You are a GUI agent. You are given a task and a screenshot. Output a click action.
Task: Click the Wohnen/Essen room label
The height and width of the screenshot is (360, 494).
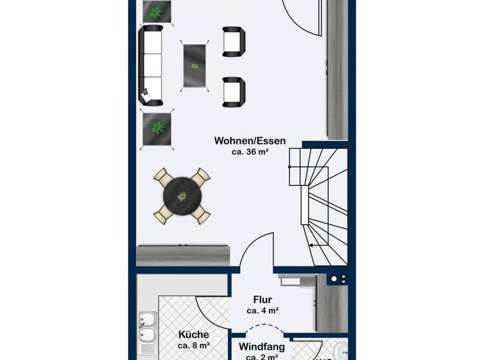point(250,141)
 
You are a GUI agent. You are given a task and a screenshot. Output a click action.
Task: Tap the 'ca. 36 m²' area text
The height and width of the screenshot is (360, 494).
point(250,152)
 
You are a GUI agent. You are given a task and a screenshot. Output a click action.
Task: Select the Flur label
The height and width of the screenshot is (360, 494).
point(262,300)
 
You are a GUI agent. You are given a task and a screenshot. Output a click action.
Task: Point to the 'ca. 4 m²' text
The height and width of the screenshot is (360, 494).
point(262,310)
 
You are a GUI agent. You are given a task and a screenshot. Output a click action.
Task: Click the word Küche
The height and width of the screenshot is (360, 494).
point(194,335)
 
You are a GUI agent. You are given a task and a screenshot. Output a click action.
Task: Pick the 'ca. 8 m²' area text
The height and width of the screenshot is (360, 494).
point(194,346)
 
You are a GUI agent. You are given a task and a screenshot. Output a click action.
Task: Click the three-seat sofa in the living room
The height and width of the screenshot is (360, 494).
point(151,66)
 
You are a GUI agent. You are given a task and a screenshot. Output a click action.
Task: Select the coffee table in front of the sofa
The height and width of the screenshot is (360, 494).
point(195,65)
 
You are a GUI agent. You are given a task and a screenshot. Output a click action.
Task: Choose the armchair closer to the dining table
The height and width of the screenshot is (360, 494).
point(233,91)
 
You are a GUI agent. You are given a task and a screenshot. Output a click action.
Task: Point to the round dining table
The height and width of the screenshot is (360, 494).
point(183,195)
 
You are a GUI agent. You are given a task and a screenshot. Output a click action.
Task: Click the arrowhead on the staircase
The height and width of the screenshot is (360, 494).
point(310,245)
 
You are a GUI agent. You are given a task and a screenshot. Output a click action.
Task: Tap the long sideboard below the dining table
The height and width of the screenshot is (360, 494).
point(184,255)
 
